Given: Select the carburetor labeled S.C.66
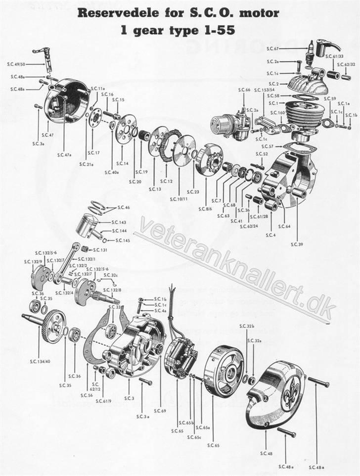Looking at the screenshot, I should point(227,124).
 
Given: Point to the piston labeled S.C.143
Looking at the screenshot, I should point(89,226).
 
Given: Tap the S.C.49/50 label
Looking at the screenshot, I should point(17,65).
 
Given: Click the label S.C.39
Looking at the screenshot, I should point(297,244).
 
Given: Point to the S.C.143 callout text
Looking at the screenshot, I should point(119,222).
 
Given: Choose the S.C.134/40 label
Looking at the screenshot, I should point(40,362).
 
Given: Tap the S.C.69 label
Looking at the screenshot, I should point(159,411).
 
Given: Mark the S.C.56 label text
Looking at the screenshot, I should point(88,395).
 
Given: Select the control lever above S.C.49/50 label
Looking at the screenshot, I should point(44,53).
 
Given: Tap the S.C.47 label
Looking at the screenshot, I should point(47,135).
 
